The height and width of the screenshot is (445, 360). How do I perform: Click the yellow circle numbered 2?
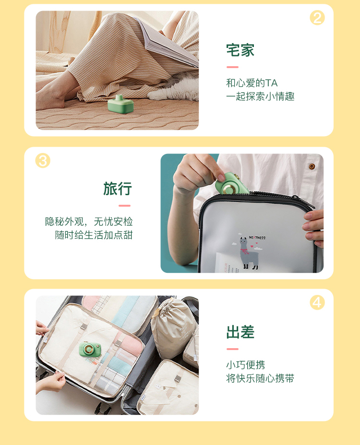(x=317, y=18)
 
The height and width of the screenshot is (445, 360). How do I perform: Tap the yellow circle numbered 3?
(x=43, y=161)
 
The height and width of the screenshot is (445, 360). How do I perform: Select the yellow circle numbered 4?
(x=317, y=302)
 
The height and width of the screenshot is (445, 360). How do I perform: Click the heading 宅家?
(x=240, y=50)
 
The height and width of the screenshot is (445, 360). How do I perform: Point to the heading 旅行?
(x=117, y=189)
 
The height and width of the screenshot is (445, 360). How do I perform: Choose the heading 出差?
(x=240, y=332)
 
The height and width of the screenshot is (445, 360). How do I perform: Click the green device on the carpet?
(x=121, y=105)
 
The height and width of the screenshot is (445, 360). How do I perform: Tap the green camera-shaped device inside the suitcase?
(x=90, y=350)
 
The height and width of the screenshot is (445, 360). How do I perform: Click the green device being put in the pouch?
(x=231, y=184)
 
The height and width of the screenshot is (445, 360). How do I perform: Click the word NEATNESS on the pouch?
(x=257, y=237)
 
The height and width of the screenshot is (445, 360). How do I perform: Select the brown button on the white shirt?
(x=312, y=166)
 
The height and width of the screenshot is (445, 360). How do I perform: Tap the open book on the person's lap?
(x=169, y=43)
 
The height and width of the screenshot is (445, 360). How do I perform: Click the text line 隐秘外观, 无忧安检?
(x=89, y=222)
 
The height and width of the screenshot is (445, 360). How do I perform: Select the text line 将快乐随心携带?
(x=260, y=378)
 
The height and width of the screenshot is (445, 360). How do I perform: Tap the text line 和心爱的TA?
(x=252, y=83)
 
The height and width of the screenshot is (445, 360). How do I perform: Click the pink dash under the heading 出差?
(x=232, y=349)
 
